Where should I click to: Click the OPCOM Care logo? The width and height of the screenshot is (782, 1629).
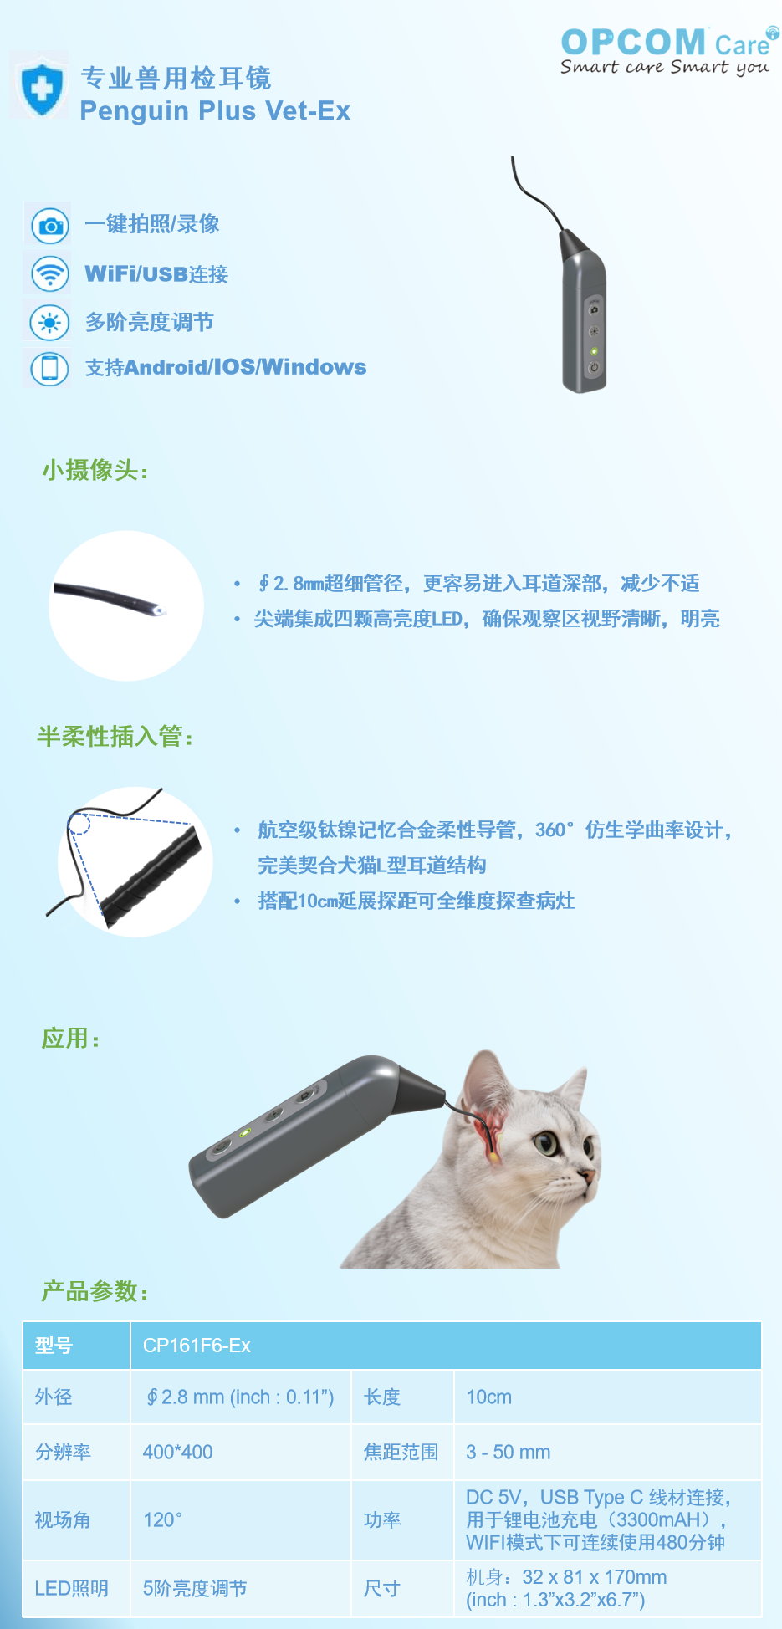[668, 50]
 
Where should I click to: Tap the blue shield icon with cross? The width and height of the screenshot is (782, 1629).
[40, 87]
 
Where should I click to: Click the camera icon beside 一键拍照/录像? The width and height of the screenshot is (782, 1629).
[50, 226]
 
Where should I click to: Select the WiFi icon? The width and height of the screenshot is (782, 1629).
[50, 273]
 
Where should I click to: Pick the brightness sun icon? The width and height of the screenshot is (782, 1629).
[50, 322]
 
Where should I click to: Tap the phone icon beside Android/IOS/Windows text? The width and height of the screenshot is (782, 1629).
[50, 368]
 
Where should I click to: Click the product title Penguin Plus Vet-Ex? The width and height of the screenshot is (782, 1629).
[215, 111]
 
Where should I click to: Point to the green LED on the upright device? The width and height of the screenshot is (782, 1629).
[594, 351]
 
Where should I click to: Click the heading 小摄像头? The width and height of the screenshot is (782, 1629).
[95, 470]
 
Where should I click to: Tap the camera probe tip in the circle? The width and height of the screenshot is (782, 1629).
[160, 610]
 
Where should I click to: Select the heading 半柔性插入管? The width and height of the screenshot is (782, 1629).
[115, 737]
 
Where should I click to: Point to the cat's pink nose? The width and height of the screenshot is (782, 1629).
[590, 1178]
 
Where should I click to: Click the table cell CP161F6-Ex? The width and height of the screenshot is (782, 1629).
[197, 1346]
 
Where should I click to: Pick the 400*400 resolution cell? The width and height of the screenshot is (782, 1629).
[177, 1453]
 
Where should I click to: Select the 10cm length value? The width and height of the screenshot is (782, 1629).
[488, 1397]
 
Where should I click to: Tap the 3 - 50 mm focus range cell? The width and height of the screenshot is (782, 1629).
[508, 1453]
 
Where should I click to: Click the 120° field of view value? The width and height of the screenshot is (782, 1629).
[162, 1520]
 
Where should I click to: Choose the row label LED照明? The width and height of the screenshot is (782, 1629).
[71, 1589]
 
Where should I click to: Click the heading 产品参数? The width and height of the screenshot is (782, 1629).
[95, 1292]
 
